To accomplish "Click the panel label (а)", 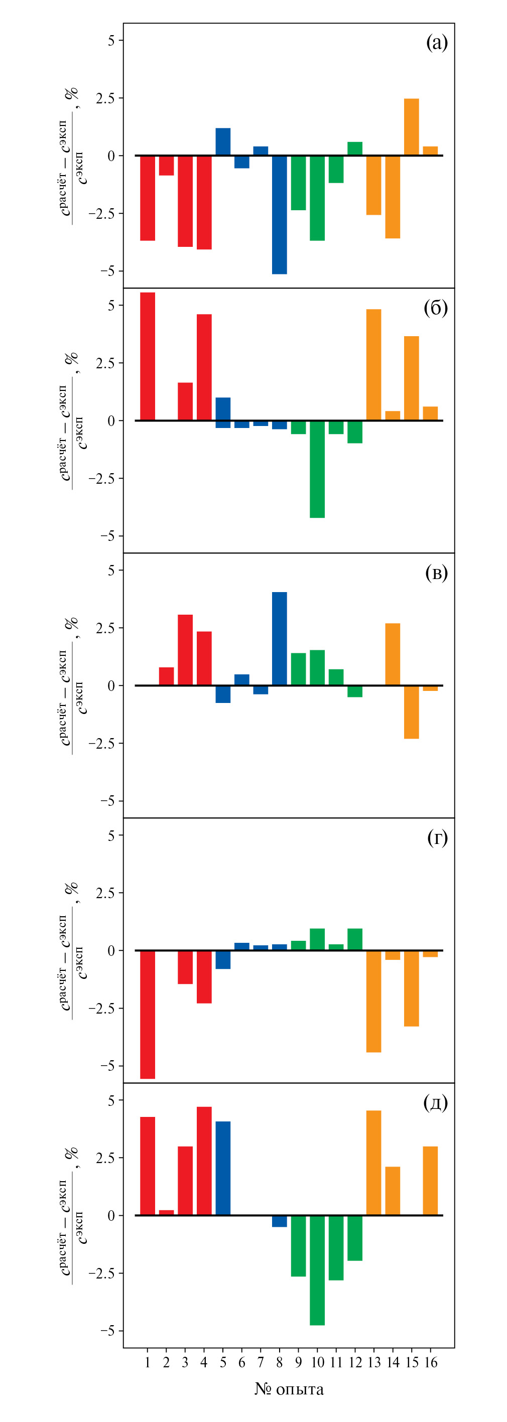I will tap(436, 43).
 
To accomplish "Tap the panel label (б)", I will tap(436, 308).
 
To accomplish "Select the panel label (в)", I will tap(436, 573).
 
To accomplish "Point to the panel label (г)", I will tap(437, 838).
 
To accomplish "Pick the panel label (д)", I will tap(436, 1103).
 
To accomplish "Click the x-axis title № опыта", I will tap(289, 1389).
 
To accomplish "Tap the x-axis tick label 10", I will tap(318, 1363).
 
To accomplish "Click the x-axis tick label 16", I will tap(431, 1363).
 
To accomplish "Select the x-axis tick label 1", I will tap(148, 1363).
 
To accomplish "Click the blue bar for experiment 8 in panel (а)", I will tap(280, 214).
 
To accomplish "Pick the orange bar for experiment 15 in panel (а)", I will tap(412, 127).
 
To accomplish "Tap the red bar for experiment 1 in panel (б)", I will tap(148, 356).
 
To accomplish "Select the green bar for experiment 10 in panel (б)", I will tap(318, 469).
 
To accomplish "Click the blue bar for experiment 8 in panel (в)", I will tap(280, 639).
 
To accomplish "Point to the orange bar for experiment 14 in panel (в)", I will tap(393, 654).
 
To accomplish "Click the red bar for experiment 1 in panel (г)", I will tap(148, 1014).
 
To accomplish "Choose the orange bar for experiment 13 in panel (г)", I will tap(374, 1002).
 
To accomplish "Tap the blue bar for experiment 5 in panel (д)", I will tap(223, 1169).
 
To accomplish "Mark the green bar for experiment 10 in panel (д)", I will tap(318, 1269).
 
